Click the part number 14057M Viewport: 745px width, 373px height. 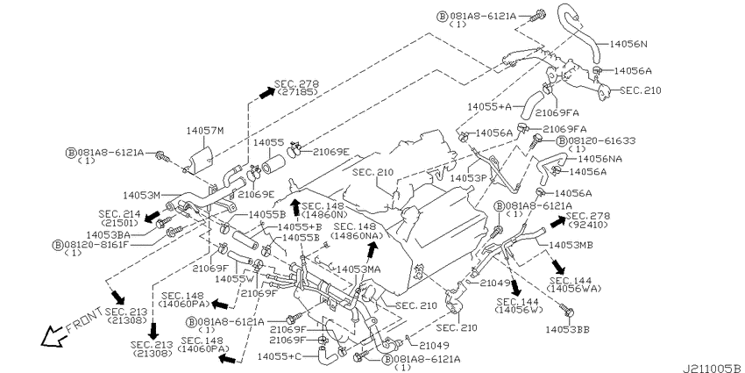(204, 130)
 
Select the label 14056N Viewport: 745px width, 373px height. (628, 44)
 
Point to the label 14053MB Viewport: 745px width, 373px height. (571, 245)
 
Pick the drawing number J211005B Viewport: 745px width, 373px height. (713, 368)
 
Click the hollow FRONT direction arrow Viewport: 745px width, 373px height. (53, 336)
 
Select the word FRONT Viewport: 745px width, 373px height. (83, 320)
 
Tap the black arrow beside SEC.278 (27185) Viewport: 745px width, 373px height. (267, 93)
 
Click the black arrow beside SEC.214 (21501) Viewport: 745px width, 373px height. (152, 216)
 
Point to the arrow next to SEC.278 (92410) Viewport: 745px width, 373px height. (558, 220)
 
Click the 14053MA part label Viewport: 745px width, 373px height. (358, 269)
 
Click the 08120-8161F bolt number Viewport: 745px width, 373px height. (96, 245)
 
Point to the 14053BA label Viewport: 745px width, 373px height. (109, 234)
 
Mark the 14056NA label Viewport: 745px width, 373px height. (600, 159)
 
